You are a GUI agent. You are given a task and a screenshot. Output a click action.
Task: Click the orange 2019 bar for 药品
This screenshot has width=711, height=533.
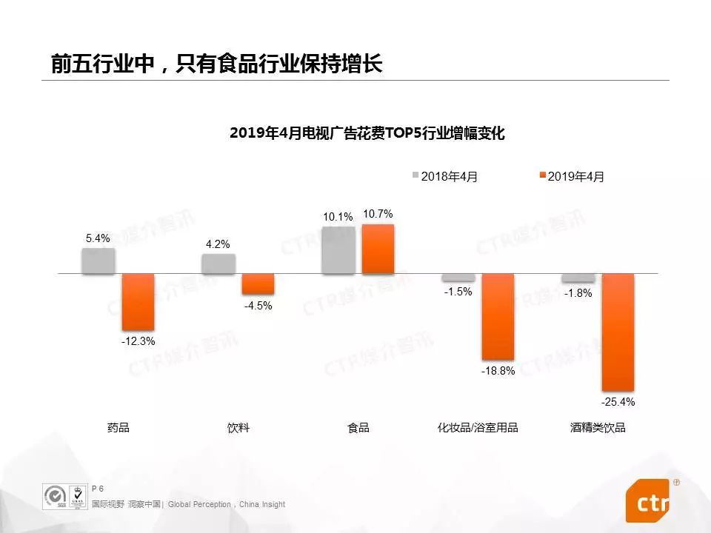click(x=138, y=302)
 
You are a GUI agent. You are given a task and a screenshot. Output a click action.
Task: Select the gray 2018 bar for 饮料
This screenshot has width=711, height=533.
click(x=218, y=264)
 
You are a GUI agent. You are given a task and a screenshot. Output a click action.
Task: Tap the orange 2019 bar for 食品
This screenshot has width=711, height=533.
click(x=378, y=249)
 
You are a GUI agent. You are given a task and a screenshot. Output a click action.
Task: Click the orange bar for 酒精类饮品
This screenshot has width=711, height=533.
click(x=618, y=332)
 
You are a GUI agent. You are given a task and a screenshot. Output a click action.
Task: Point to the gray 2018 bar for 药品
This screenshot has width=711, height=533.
click(x=99, y=261)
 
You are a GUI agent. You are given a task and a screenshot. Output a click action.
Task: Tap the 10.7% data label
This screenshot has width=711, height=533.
click(x=378, y=214)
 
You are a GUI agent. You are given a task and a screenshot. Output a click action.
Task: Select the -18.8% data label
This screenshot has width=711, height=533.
click(x=499, y=371)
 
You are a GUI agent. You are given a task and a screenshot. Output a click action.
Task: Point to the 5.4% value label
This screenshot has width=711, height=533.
click(x=98, y=238)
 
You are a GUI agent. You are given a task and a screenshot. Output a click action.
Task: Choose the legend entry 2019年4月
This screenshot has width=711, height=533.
click(x=575, y=176)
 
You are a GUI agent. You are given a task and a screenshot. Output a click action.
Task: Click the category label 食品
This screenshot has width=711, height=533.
click(x=358, y=428)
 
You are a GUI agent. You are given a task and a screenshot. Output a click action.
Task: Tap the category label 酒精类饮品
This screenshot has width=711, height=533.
click(x=598, y=428)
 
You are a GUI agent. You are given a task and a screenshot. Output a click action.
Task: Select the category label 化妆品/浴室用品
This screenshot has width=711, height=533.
click(x=478, y=428)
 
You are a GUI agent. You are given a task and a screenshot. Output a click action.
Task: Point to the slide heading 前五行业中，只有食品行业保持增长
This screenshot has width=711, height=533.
click(x=216, y=64)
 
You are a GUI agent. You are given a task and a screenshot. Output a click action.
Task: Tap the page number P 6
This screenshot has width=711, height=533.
click(x=97, y=489)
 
